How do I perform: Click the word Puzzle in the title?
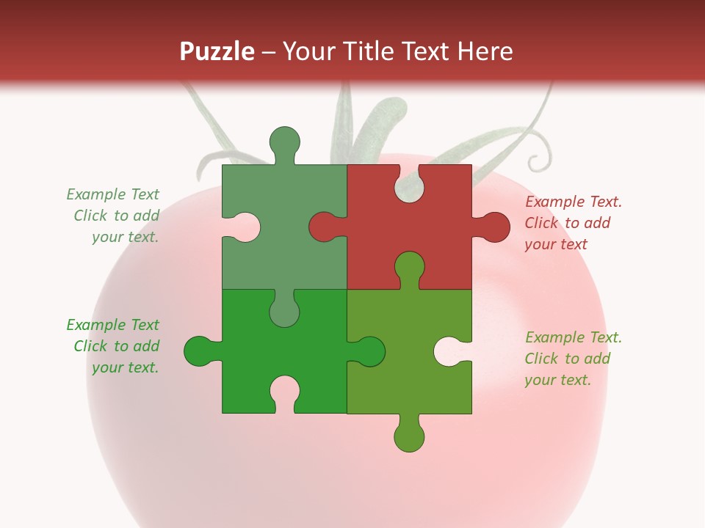(x=217, y=51)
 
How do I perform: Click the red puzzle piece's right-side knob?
(x=494, y=227)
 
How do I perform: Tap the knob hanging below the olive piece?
(x=409, y=436)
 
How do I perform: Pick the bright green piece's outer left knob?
(x=198, y=351)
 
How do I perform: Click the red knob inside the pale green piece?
(x=325, y=227)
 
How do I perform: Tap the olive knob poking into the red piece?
(x=409, y=267)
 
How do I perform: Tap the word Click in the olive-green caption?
(x=541, y=359)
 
